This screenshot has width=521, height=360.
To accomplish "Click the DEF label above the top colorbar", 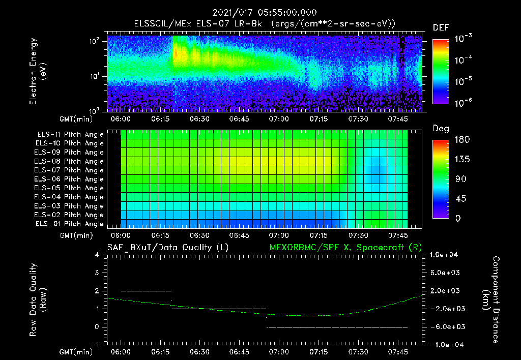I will point(441,27).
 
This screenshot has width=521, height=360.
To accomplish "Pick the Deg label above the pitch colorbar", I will point(441,129).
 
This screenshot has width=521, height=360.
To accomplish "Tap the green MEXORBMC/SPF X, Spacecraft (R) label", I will point(342,248).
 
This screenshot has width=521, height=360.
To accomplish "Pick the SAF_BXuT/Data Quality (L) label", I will point(167,248).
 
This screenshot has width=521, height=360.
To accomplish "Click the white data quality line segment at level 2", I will point(147,291).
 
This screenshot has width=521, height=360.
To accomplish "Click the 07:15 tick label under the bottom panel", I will point(319,352).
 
